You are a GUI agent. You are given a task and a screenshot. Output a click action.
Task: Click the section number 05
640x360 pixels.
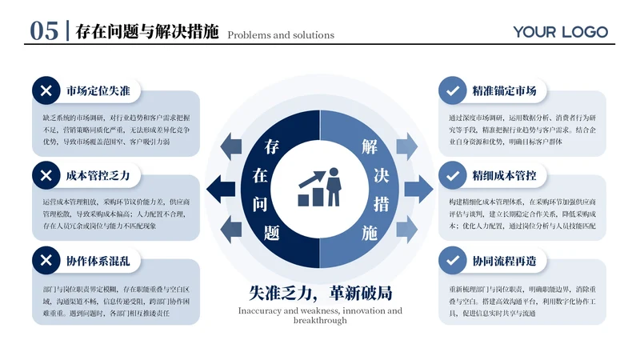pyautogui.click(x=44, y=31)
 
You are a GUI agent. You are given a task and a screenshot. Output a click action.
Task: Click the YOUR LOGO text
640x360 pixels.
pyautogui.click(x=561, y=32)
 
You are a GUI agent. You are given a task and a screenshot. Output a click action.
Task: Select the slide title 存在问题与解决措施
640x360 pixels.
pyautogui.click(x=146, y=32)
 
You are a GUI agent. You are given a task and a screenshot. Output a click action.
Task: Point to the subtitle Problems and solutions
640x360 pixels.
pyautogui.click(x=281, y=35)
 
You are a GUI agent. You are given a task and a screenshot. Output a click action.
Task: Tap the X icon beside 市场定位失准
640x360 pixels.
pyautogui.click(x=46, y=90)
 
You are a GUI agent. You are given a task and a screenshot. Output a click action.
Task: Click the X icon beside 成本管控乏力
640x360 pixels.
pyautogui.click(x=46, y=175)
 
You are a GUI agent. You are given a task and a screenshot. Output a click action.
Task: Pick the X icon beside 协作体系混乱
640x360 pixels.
pyautogui.click(x=46, y=260)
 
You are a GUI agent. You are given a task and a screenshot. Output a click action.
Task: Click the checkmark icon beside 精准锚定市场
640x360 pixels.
pyautogui.click(x=453, y=90)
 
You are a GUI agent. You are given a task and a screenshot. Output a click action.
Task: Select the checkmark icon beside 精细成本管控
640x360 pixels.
pyautogui.click(x=453, y=175)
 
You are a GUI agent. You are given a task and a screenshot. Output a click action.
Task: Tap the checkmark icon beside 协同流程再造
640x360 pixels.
pyautogui.click(x=453, y=260)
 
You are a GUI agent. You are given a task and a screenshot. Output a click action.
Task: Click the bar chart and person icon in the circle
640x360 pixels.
pyautogui.click(x=320, y=188)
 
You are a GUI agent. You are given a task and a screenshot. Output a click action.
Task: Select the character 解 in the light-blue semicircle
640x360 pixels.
pyautogui.click(x=369, y=147)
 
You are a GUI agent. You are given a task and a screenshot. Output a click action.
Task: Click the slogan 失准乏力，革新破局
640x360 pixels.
pyautogui.click(x=320, y=293)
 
